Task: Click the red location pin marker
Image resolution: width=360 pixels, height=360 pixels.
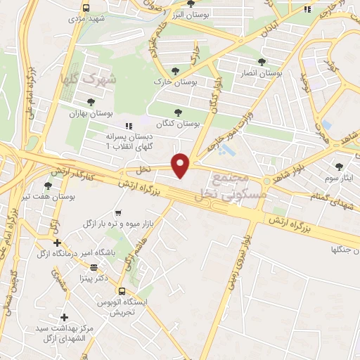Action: click(181, 165)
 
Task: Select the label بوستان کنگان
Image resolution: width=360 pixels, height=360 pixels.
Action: click(179, 122)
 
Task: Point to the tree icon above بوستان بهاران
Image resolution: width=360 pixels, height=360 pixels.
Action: click(91, 101)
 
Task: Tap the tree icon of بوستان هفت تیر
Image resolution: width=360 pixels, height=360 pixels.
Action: click(48, 186)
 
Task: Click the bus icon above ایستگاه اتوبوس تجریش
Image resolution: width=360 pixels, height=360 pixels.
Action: click(122, 290)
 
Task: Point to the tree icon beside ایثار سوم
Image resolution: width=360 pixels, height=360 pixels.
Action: click(340, 166)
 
